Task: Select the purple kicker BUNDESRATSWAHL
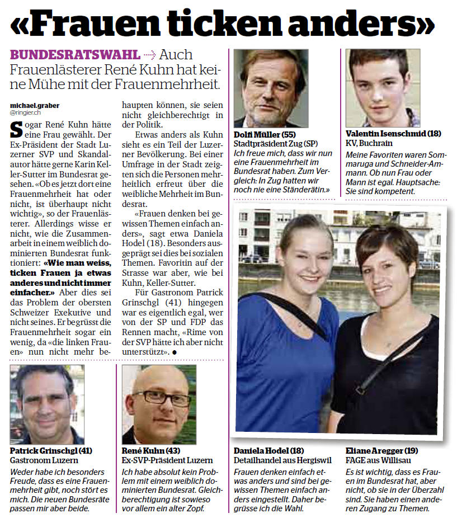75,55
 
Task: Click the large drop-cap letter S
17,129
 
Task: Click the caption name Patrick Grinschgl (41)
51,450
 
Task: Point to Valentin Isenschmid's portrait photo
383,88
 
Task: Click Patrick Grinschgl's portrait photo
47,404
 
